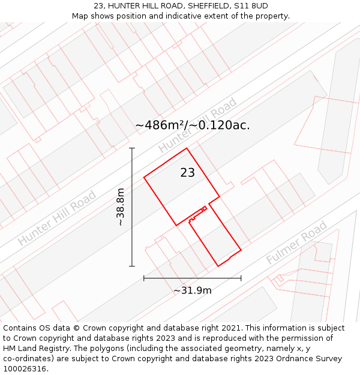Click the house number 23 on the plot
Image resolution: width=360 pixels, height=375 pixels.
click(x=187, y=173)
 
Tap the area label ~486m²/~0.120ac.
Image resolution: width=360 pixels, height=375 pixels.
click(x=192, y=125)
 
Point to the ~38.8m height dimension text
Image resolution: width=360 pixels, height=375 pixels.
click(x=121, y=207)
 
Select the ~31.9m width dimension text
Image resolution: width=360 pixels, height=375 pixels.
click(x=193, y=290)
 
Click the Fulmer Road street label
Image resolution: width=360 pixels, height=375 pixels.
click(x=296, y=242)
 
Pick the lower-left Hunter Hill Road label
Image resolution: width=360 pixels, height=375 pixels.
click(x=57, y=218)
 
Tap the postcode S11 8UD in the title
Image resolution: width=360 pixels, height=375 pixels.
click(x=252, y=6)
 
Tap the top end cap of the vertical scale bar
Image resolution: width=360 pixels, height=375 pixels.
click(x=132, y=148)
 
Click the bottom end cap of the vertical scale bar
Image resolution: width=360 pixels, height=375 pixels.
click(x=132, y=266)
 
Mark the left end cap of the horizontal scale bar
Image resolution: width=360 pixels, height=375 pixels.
click(x=144, y=278)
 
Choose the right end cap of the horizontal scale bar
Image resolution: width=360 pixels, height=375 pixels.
click(x=241, y=278)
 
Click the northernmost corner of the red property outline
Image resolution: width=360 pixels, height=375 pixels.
click(x=187, y=148)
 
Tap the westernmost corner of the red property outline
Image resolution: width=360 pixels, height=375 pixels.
click(x=144, y=177)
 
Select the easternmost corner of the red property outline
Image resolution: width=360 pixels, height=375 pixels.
click(x=241, y=250)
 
